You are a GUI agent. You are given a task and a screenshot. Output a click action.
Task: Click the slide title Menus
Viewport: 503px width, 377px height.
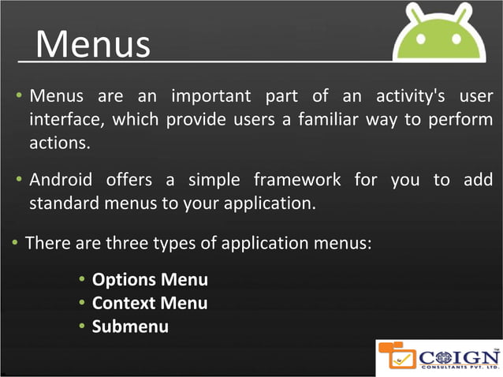coord(93,44)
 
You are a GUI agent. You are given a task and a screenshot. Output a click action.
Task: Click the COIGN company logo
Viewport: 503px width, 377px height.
coord(438,356)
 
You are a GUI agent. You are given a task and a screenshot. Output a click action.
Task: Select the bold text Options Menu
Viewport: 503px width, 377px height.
coord(150,280)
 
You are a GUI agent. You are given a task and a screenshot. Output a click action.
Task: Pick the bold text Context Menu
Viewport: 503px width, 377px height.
coord(150,303)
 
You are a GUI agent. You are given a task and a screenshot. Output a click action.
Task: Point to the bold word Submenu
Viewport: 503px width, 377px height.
coord(130,326)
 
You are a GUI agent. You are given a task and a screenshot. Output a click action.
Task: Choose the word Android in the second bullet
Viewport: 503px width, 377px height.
coord(61,180)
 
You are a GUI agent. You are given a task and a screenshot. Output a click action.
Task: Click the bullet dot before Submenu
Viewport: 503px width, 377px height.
coord(83,326)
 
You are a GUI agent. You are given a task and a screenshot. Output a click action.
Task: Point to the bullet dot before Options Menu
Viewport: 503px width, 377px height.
coord(83,280)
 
